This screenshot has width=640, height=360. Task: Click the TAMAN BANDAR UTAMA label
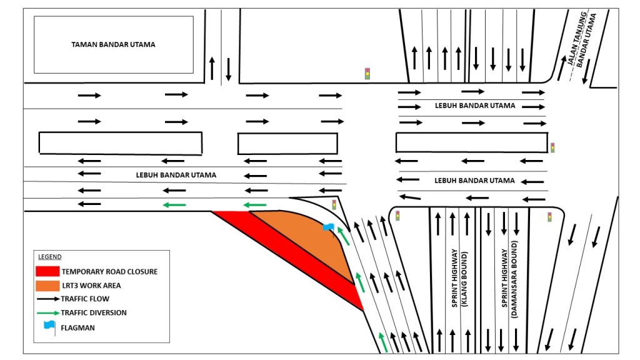[113, 45]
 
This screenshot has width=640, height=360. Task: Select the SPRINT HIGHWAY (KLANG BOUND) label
[459, 277]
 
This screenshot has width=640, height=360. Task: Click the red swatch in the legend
[47, 271]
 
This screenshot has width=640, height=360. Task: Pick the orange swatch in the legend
[47, 285]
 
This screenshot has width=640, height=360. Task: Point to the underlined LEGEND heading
[50, 257]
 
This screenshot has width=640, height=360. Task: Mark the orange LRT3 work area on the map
[306, 234]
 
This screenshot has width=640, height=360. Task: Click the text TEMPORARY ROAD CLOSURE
[109, 272]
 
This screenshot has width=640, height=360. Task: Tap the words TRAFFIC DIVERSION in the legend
[94, 312]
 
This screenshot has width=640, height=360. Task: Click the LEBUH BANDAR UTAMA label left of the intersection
[176, 175]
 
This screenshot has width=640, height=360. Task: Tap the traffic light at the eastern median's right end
[552, 148]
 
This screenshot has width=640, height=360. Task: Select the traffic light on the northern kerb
[367, 74]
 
